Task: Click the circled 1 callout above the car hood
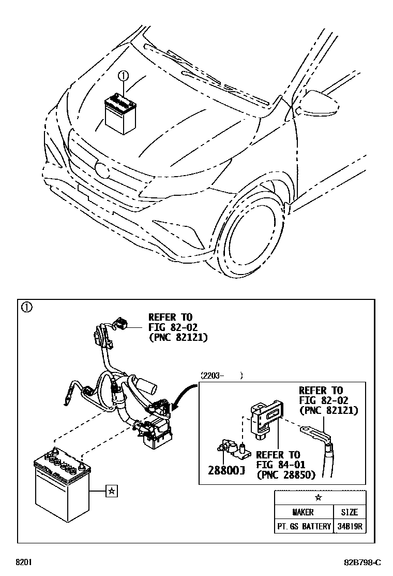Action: pyautogui.click(x=123, y=76)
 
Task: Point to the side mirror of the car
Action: pyautogui.click(x=319, y=102)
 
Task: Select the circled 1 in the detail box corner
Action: pyautogui.click(x=26, y=307)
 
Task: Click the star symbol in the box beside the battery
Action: pyautogui.click(x=111, y=491)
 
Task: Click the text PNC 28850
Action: pyautogui.click(x=286, y=474)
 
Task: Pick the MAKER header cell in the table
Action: pyautogui.click(x=304, y=512)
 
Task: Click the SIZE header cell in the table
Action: pyautogui.click(x=349, y=512)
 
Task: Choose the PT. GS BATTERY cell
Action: pyautogui.click(x=304, y=526)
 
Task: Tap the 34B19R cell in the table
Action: pyautogui.click(x=349, y=526)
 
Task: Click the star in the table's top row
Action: pyautogui.click(x=319, y=498)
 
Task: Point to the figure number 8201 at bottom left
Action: pyautogui.click(x=23, y=562)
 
